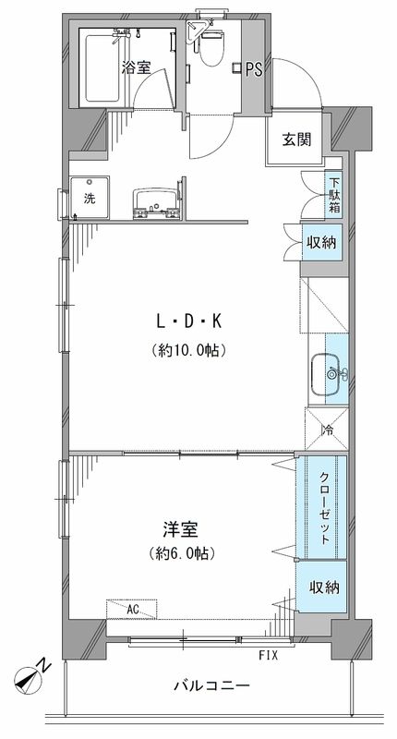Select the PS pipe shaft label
click(x=254, y=67)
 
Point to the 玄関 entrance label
click(x=296, y=140)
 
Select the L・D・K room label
click(x=189, y=322)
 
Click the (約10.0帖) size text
click(x=189, y=350)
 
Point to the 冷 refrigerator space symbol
click(x=327, y=430)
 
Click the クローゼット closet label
click(x=328, y=507)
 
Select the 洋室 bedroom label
click(x=181, y=529)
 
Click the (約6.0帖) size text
click(x=181, y=556)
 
